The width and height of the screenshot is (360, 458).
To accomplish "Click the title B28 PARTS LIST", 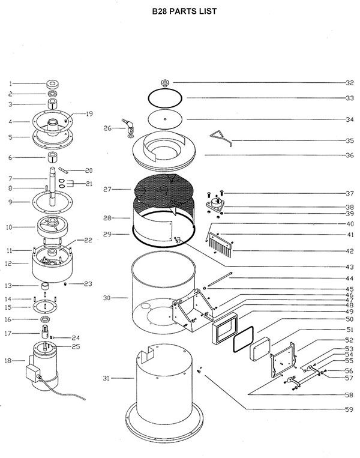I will tap(180, 10).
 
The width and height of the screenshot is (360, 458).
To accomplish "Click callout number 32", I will tap(349, 83).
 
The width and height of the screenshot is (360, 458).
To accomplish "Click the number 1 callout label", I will tap(10, 84).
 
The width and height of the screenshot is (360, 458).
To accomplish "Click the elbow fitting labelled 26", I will tap(128, 124).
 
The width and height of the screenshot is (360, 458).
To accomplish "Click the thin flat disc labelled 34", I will tap(164, 119).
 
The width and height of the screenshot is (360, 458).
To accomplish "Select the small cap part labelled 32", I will tap(164, 82).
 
